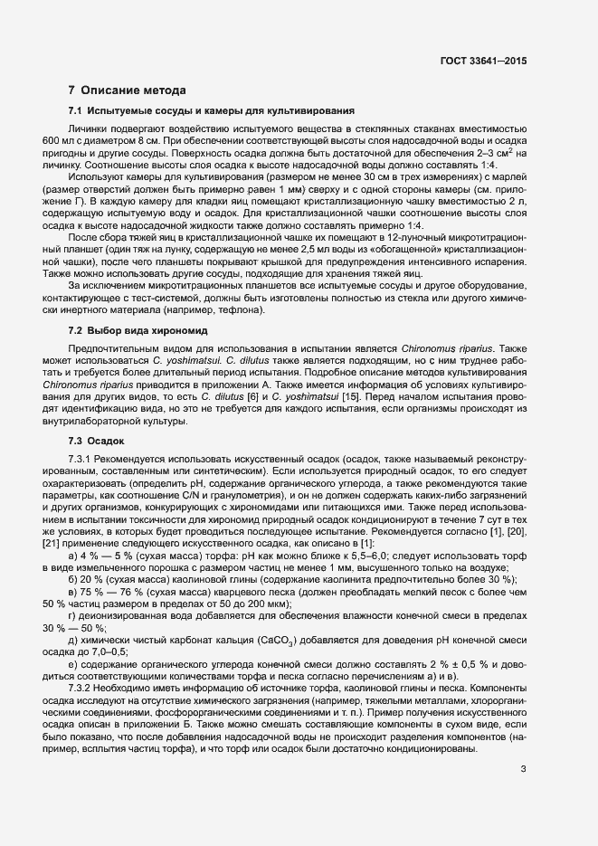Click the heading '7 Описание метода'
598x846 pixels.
[127, 90]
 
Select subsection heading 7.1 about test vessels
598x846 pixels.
[211, 111]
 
